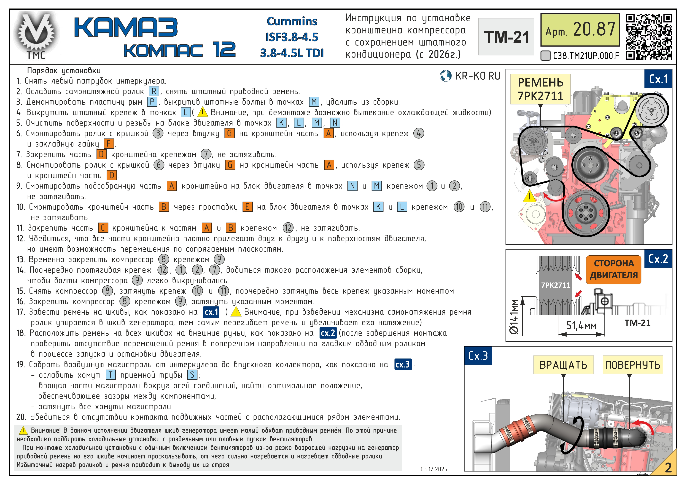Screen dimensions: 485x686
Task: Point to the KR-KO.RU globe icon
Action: click(x=445, y=76)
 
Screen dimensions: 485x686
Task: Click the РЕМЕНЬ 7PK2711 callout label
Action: click(x=540, y=89)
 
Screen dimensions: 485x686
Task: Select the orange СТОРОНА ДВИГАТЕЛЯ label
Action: click(x=613, y=269)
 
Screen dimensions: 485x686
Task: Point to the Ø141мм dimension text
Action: click(x=514, y=317)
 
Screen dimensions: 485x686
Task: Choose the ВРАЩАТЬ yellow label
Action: click(x=563, y=365)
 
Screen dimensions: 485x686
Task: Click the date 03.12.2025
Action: click(x=434, y=469)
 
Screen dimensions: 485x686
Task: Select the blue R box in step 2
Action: click(x=154, y=91)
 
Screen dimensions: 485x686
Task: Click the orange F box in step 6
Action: click(x=109, y=144)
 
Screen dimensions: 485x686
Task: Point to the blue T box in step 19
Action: click(x=110, y=375)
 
